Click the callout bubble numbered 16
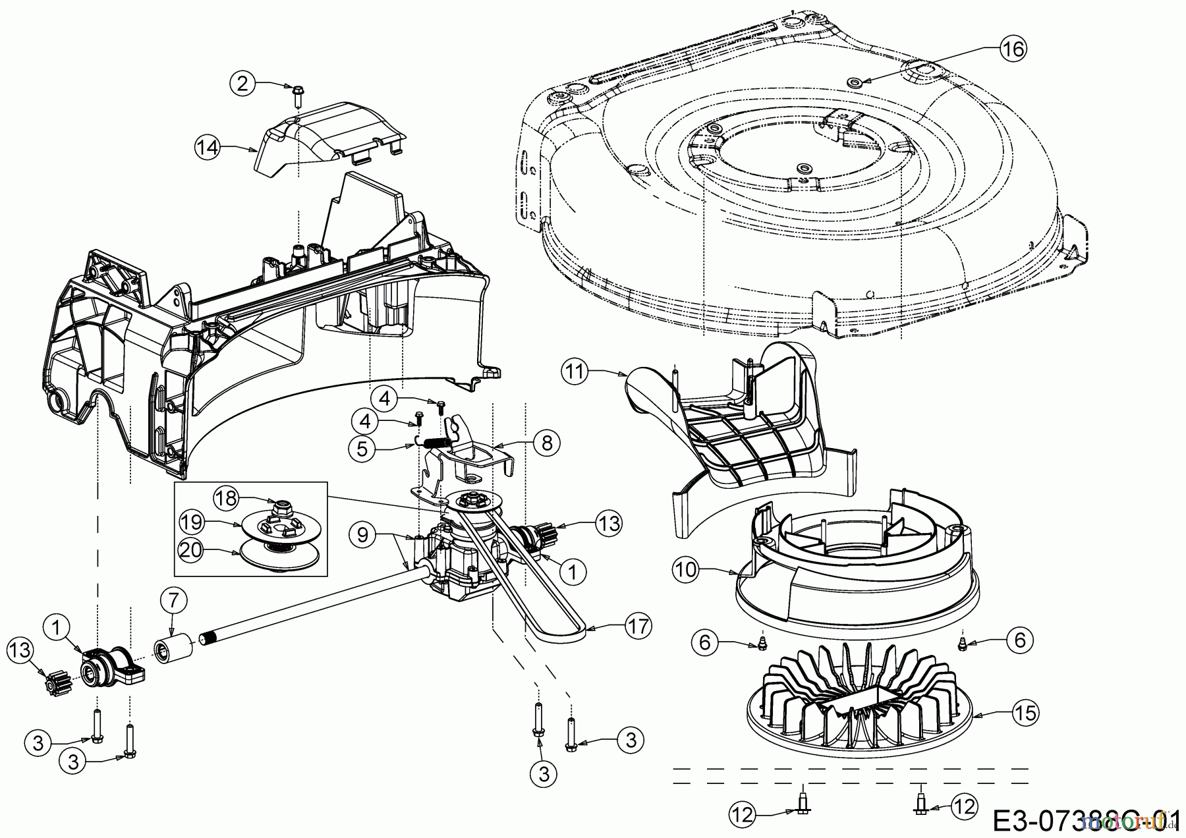point(1013,48)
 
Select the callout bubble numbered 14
point(208,146)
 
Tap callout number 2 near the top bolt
point(242,83)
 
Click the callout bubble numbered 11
point(575,372)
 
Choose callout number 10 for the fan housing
point(686,569)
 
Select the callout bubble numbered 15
point(1027,712)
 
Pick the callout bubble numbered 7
point(173,600)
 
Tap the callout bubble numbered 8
point(547,443)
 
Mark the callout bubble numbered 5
point(362,449)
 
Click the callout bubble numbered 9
point(362,534)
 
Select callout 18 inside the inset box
point(226,497)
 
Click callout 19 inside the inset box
point(191,522)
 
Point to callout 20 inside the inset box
point(190,549)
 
